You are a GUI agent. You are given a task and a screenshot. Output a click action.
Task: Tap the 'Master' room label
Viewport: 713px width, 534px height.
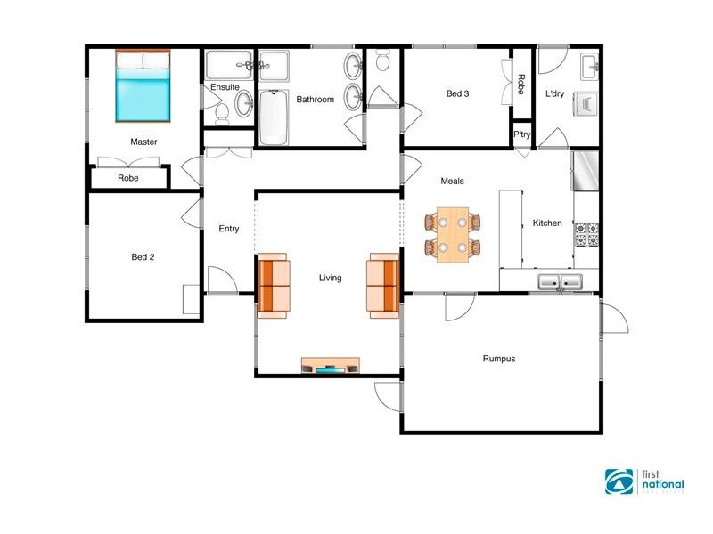[143, 142]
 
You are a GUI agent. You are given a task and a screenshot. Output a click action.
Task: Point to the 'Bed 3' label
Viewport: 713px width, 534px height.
[457, 93]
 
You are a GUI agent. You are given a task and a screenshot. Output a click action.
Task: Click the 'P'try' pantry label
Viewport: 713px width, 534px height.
[522, 135]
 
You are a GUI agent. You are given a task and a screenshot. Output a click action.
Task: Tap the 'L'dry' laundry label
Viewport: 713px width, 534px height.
[555, 93]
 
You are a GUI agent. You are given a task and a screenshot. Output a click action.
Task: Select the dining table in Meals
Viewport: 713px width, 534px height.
[452, 234]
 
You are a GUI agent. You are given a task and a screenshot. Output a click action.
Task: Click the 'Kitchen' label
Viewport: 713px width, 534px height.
[547, 223]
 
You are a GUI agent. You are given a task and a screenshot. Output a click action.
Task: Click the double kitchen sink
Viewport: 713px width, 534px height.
[560, 283]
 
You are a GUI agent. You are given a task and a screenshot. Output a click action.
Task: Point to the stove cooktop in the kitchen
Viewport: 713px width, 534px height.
[586, 234]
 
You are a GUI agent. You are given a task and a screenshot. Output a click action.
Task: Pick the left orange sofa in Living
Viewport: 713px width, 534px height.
[274, 285]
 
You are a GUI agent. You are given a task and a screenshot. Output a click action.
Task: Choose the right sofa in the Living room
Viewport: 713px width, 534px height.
[383, 285]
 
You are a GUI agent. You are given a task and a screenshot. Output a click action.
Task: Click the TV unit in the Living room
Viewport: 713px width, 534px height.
[331, 365]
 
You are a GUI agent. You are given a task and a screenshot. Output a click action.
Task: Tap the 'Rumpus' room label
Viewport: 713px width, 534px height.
[499, 360]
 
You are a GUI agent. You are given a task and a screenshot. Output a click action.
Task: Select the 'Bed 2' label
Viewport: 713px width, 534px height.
[143, 257]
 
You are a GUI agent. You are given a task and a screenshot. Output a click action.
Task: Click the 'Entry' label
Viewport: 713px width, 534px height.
[229, 229]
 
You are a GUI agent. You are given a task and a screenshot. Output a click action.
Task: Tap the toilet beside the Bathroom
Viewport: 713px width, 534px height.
[383, 62]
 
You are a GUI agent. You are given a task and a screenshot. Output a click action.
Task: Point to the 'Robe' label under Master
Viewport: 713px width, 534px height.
[128, 178]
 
